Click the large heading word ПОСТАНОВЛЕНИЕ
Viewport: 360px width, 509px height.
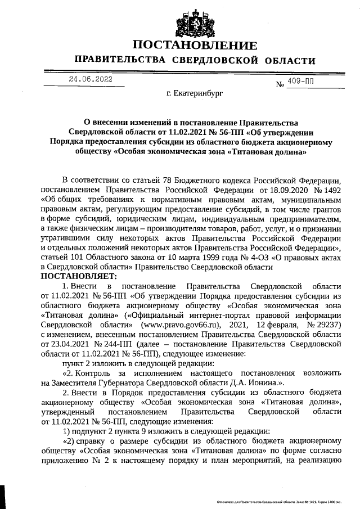195,46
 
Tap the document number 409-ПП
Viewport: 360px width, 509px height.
301,82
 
